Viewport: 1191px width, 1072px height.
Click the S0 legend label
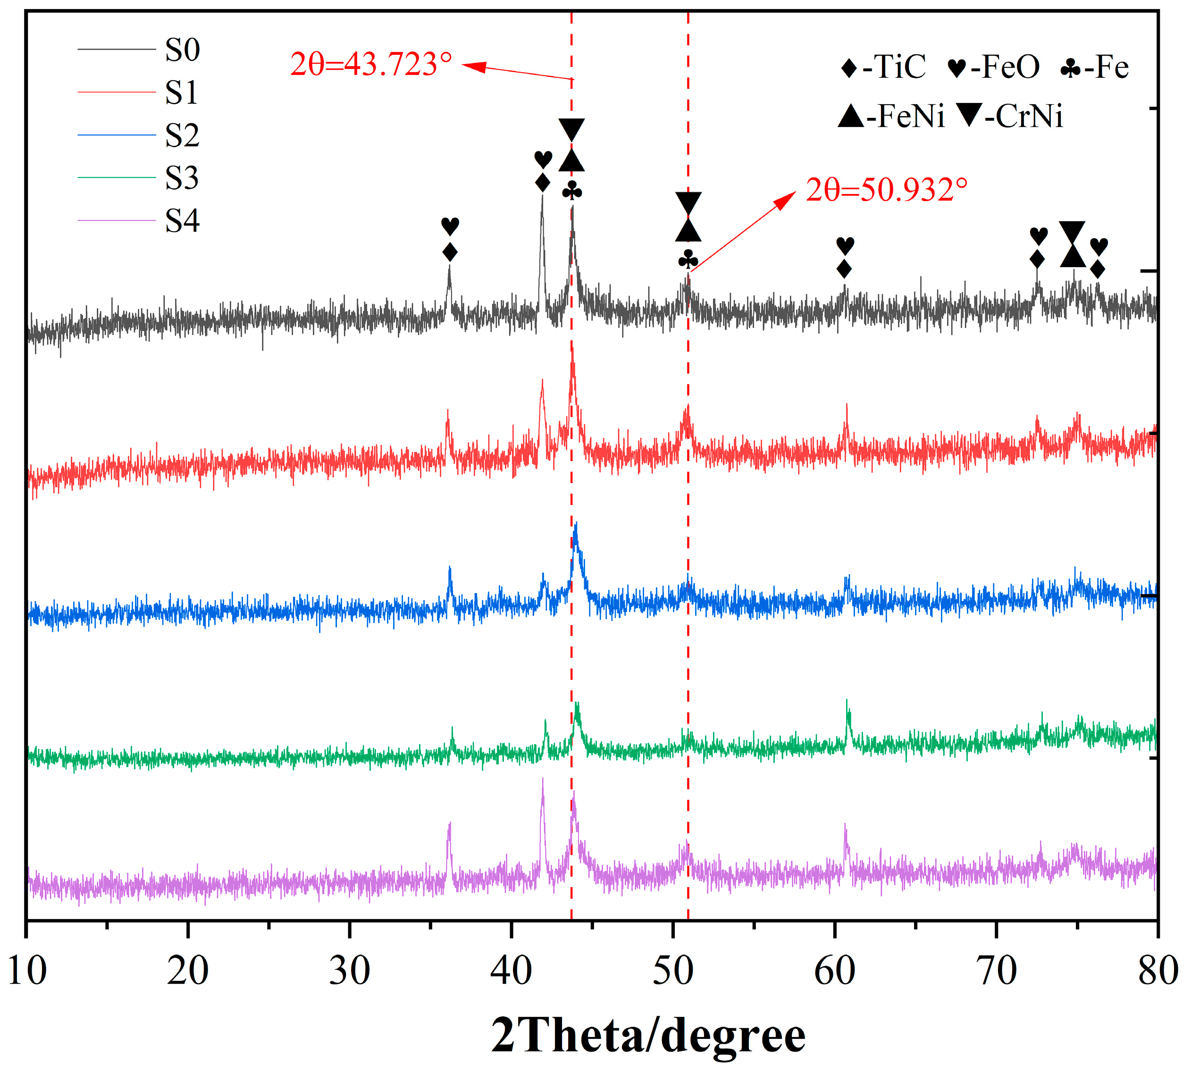tap(182, 50)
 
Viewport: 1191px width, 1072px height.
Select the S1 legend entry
tap(181, 93)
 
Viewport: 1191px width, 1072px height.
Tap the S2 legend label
tap(182, 136)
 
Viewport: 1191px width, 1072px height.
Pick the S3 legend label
tap(182, 178)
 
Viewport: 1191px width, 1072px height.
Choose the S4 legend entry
tap(182, 221)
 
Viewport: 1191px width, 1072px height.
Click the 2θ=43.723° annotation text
tap(371, 64)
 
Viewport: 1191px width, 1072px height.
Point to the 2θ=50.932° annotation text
tap(887, 190)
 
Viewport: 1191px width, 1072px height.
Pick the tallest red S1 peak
tap(572, 348)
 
